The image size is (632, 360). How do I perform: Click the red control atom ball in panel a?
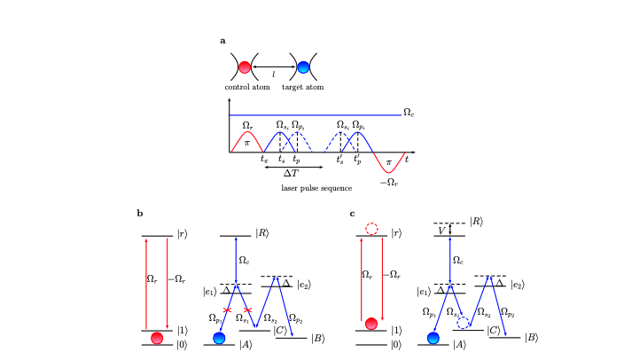[245, 66]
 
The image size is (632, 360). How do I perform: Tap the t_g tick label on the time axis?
[264, 159]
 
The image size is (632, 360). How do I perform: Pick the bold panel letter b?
[140, 213]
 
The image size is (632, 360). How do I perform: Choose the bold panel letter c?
[353, 213]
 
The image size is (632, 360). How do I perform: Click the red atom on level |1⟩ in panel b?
[157, 338]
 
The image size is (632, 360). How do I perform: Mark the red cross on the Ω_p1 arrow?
[228, 311]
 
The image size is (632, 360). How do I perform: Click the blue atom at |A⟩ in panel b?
[219, 339]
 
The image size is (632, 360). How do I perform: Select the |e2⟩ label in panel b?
[305, 284]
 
